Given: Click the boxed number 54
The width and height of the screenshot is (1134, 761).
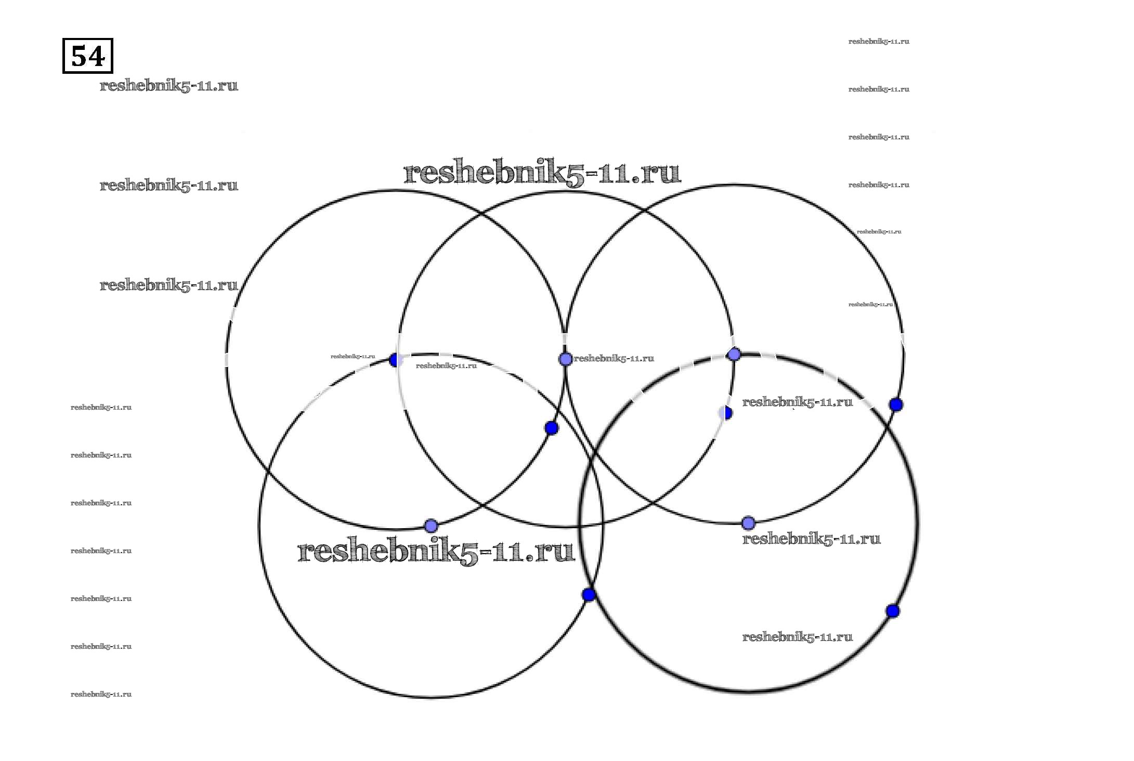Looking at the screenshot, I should [x=87, y=56].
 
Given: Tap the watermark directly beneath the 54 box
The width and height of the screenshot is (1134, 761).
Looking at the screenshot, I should [x=168, y=85].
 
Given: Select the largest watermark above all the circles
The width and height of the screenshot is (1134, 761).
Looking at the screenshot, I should [x=542, y=172].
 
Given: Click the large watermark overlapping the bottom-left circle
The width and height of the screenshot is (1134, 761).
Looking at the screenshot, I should [x=436, y=550].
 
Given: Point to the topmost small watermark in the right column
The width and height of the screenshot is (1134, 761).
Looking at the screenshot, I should [x=878, y=42].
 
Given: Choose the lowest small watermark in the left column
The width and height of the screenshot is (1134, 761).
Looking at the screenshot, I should [x=101, y=694].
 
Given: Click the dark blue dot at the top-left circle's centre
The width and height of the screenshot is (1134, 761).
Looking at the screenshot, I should [x=395, y=360].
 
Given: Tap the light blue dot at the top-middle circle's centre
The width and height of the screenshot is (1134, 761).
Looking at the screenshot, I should [x=565, y=359].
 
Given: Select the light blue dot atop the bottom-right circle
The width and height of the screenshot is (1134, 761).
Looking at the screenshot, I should [x=734, y=355].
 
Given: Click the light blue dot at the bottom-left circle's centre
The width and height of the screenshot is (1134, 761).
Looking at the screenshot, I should [x=431, y=526].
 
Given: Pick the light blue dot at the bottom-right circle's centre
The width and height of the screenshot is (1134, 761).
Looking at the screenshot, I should [x=748, y=522].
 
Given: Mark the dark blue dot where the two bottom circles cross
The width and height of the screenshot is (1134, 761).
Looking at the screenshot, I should [x=589, y=595].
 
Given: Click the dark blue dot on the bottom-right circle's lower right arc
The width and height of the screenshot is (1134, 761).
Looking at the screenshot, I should [x=892, y=611].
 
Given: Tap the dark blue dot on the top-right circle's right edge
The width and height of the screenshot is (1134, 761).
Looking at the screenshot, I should [x=895, y=404].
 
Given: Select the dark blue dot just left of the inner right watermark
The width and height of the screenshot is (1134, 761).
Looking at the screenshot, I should [x=726, y=413].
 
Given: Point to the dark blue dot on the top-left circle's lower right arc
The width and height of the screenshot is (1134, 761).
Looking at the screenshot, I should [x=552, y=428].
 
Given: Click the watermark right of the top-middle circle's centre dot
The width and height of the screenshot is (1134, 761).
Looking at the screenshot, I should [x=614, y=358].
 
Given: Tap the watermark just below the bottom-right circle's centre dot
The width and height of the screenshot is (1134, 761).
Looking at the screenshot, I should [x=811, y=539].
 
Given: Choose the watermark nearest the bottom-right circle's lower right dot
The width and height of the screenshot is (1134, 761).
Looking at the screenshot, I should [x=797, y=637].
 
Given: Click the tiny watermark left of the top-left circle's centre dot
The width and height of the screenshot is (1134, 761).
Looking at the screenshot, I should [x=353, y=357].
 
